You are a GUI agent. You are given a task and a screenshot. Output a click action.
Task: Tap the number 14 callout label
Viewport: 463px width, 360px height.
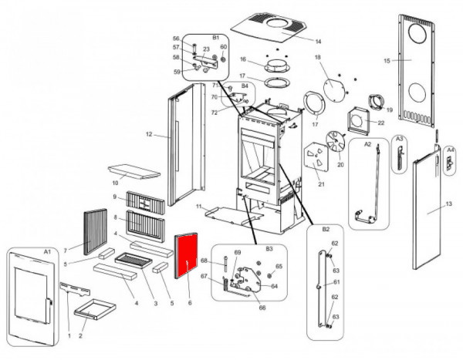coord(296,40)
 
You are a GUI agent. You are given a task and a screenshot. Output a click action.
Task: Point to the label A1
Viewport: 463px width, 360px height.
coord(46,252)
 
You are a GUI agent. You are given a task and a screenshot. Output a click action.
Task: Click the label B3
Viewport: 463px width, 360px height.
coord(269,250)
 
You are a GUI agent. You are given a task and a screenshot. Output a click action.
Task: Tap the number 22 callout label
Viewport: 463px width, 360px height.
coord(380,123)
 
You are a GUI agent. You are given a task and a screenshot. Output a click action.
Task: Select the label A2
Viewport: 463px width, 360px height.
coord(367,144)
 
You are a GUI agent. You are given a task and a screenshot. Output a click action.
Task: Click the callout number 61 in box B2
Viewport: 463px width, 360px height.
coord(336,282)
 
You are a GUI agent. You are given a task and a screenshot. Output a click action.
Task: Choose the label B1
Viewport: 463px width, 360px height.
coord(216,37)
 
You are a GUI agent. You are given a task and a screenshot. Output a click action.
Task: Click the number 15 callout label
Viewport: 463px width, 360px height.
coord(386,59)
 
